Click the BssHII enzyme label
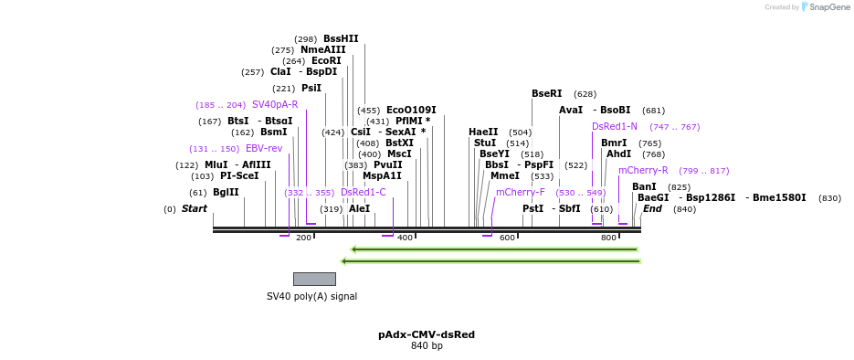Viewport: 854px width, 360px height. point(341,38)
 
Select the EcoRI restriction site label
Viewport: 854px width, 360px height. point(326,60)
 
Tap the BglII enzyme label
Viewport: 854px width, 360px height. point(226,192)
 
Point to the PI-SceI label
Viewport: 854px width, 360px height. point(239,175)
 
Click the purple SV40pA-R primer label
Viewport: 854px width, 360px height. point(275,104)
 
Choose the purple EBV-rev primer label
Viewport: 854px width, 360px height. point(264,148)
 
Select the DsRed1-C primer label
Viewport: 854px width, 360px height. point(364,192)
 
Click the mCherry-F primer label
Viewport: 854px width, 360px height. point(520,192)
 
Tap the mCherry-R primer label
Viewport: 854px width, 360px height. point(643,170)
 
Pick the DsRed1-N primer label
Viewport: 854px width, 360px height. point(615,126)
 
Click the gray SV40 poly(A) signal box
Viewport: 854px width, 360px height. point(314,279)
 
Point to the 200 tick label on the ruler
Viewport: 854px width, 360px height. point(303,238)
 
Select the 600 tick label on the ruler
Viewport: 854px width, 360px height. point(507,238)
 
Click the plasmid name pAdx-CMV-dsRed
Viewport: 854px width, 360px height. point(427,334)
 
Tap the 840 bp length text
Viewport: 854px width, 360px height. point(427,346)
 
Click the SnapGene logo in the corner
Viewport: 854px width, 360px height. point(822,7)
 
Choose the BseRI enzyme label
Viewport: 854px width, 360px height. point(547,93)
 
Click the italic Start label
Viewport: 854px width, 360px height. point(195,208)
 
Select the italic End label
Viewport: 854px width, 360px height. point(652,208)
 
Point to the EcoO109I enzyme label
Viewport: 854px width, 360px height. point(411,110)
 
